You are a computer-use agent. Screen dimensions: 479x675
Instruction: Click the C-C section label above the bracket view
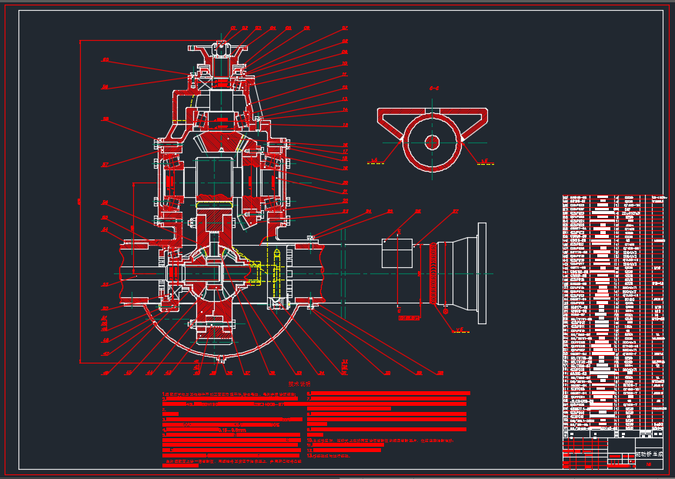[433, 89]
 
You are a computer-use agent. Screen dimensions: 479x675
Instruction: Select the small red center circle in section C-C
[433, 142]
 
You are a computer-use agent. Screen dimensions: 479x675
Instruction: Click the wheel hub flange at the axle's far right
[482, 266]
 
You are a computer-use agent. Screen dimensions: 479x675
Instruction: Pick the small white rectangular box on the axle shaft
[397, 253]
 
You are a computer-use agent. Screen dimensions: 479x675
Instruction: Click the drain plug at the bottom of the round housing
[221, 359]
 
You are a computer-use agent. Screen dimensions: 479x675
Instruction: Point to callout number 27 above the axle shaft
[455, 211]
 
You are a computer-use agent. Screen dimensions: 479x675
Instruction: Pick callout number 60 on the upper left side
[105, 60]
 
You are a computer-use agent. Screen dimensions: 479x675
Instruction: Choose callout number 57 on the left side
[105, 164]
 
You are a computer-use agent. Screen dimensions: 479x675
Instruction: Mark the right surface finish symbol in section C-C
[485, 162]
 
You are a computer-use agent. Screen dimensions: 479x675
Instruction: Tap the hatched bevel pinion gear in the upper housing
[221, 142]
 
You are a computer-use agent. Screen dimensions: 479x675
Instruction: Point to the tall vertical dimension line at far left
[80, 200]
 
